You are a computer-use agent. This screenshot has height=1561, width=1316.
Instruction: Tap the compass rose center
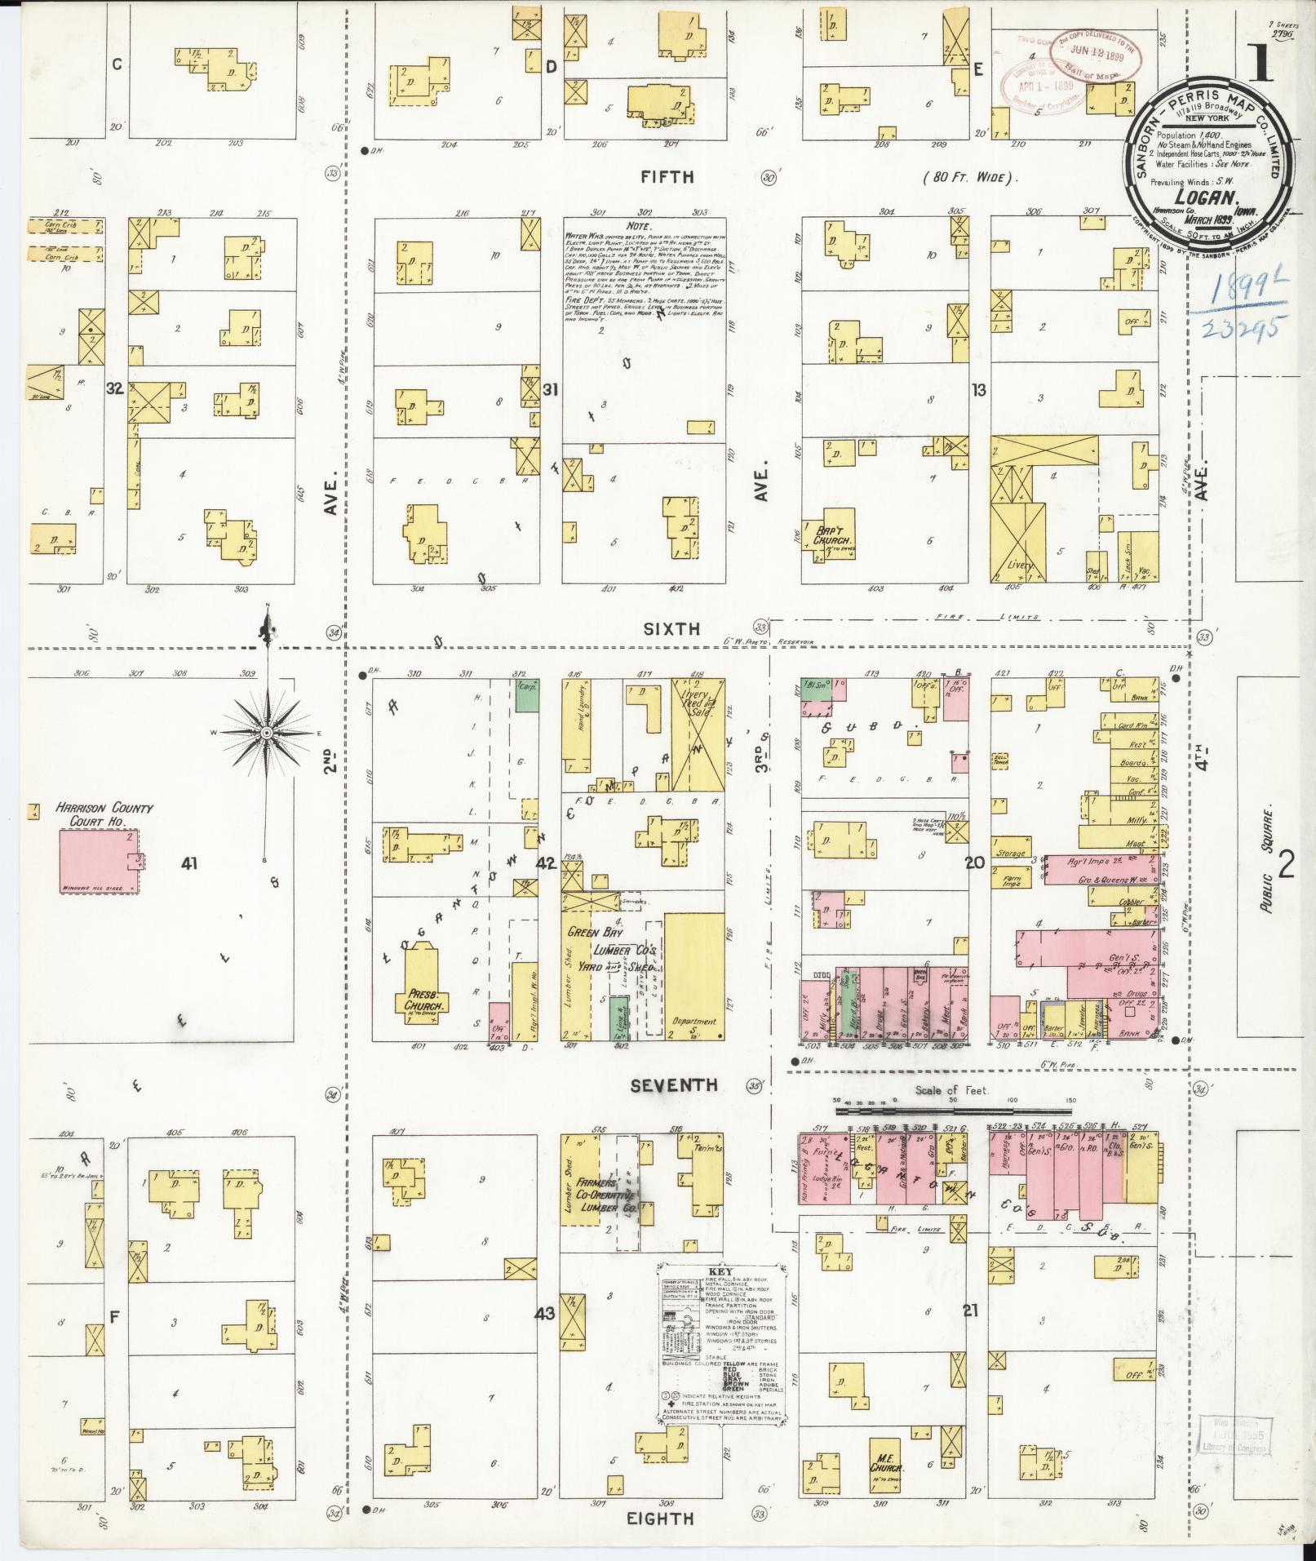point(266,734)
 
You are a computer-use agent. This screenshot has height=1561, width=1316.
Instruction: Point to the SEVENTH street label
point(674,1084)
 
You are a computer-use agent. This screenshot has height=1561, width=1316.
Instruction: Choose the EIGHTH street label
point(662,1518)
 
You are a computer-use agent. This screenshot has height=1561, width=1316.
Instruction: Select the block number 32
point(115,389)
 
